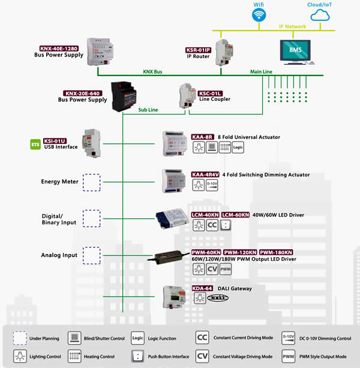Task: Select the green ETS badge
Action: tap(35, 144)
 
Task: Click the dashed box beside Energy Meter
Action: tap(91, 182)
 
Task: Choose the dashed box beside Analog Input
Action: tap(91, 255)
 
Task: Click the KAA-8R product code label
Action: tap(203, 137)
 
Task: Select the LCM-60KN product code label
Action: tap(235, 214)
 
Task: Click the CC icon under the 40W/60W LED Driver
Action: tap(212, 225)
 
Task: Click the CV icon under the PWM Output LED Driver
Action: tap(212, 270)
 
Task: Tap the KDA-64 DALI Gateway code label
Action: tap(203, 288)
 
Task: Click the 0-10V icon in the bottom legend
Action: tap(288, 337)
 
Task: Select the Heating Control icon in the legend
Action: tap(74, 356)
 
